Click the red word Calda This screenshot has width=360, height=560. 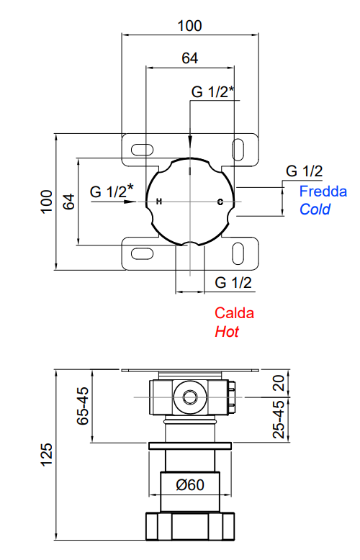pos(234,313)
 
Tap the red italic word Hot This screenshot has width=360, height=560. pos(227,332)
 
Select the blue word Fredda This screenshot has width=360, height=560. pos(323,191)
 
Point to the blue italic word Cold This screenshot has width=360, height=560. pos(315,209)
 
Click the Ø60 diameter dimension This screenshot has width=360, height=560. pos(190,484)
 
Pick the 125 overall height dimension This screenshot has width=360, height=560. pos(46,454)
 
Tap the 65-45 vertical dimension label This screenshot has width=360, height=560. pos(83,406)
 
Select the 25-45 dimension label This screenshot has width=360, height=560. pos(279,419)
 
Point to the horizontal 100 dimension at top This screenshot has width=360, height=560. pos(189,26)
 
